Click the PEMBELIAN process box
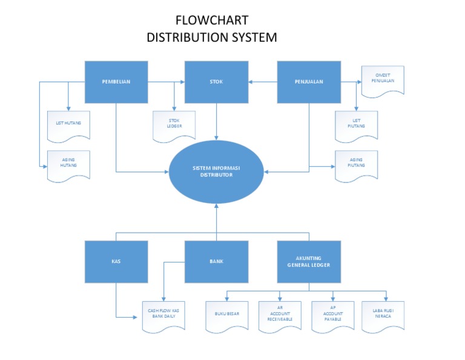click(116, 82)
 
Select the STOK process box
click(216, 82)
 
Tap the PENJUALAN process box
click(309, 82)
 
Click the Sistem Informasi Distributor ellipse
click(216, 172)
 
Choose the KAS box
click(116, 261)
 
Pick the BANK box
click(216, 261)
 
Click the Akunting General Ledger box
click(309, 261)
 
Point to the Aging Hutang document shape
click(68, 165)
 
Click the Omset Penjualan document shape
click(382, 80)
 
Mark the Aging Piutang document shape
click(357, 165)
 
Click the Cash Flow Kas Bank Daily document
click(163, 316)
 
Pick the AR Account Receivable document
click(280, 316)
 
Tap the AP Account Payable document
click(333, 316)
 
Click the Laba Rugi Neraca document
click(382, 316)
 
